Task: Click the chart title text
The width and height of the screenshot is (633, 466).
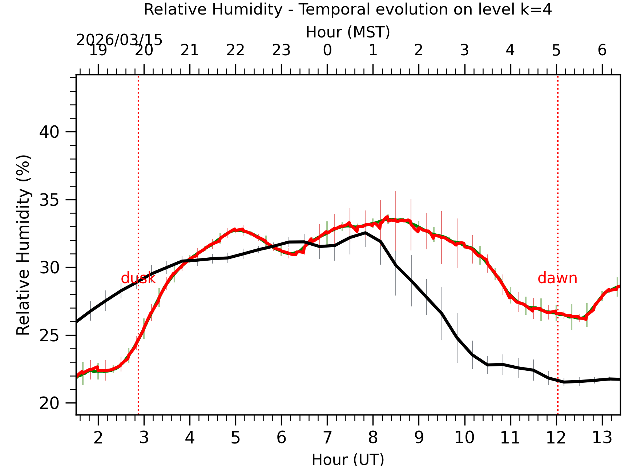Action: pos(348,9)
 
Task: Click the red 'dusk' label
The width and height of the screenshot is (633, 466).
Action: pos(138,278)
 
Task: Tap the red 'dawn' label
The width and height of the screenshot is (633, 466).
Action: pos(557,278)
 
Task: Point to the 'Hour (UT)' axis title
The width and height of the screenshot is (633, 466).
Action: pos(348,459)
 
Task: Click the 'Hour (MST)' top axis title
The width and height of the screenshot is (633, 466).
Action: pos(348,32)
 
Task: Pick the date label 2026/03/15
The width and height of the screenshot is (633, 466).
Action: pos(119,40)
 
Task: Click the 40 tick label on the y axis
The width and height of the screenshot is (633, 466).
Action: pos(49,132)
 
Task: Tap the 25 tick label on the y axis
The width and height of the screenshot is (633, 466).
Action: pos(49,336)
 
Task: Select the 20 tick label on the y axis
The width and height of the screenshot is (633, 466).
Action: pos(49,403)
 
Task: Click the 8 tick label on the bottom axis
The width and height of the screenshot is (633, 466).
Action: pos(373,438)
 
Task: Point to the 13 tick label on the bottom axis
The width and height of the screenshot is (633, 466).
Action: pos(602,438)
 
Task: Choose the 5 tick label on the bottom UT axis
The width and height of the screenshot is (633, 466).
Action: pos(235,438)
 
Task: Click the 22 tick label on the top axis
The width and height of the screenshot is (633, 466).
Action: pos(235,50)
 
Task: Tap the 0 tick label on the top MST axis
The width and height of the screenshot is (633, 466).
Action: pos(327,50)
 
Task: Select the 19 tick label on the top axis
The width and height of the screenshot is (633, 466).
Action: pos(98,50)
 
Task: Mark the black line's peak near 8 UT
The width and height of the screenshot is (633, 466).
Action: pos(365,233)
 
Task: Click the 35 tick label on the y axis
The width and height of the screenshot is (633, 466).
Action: pos(49,200)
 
